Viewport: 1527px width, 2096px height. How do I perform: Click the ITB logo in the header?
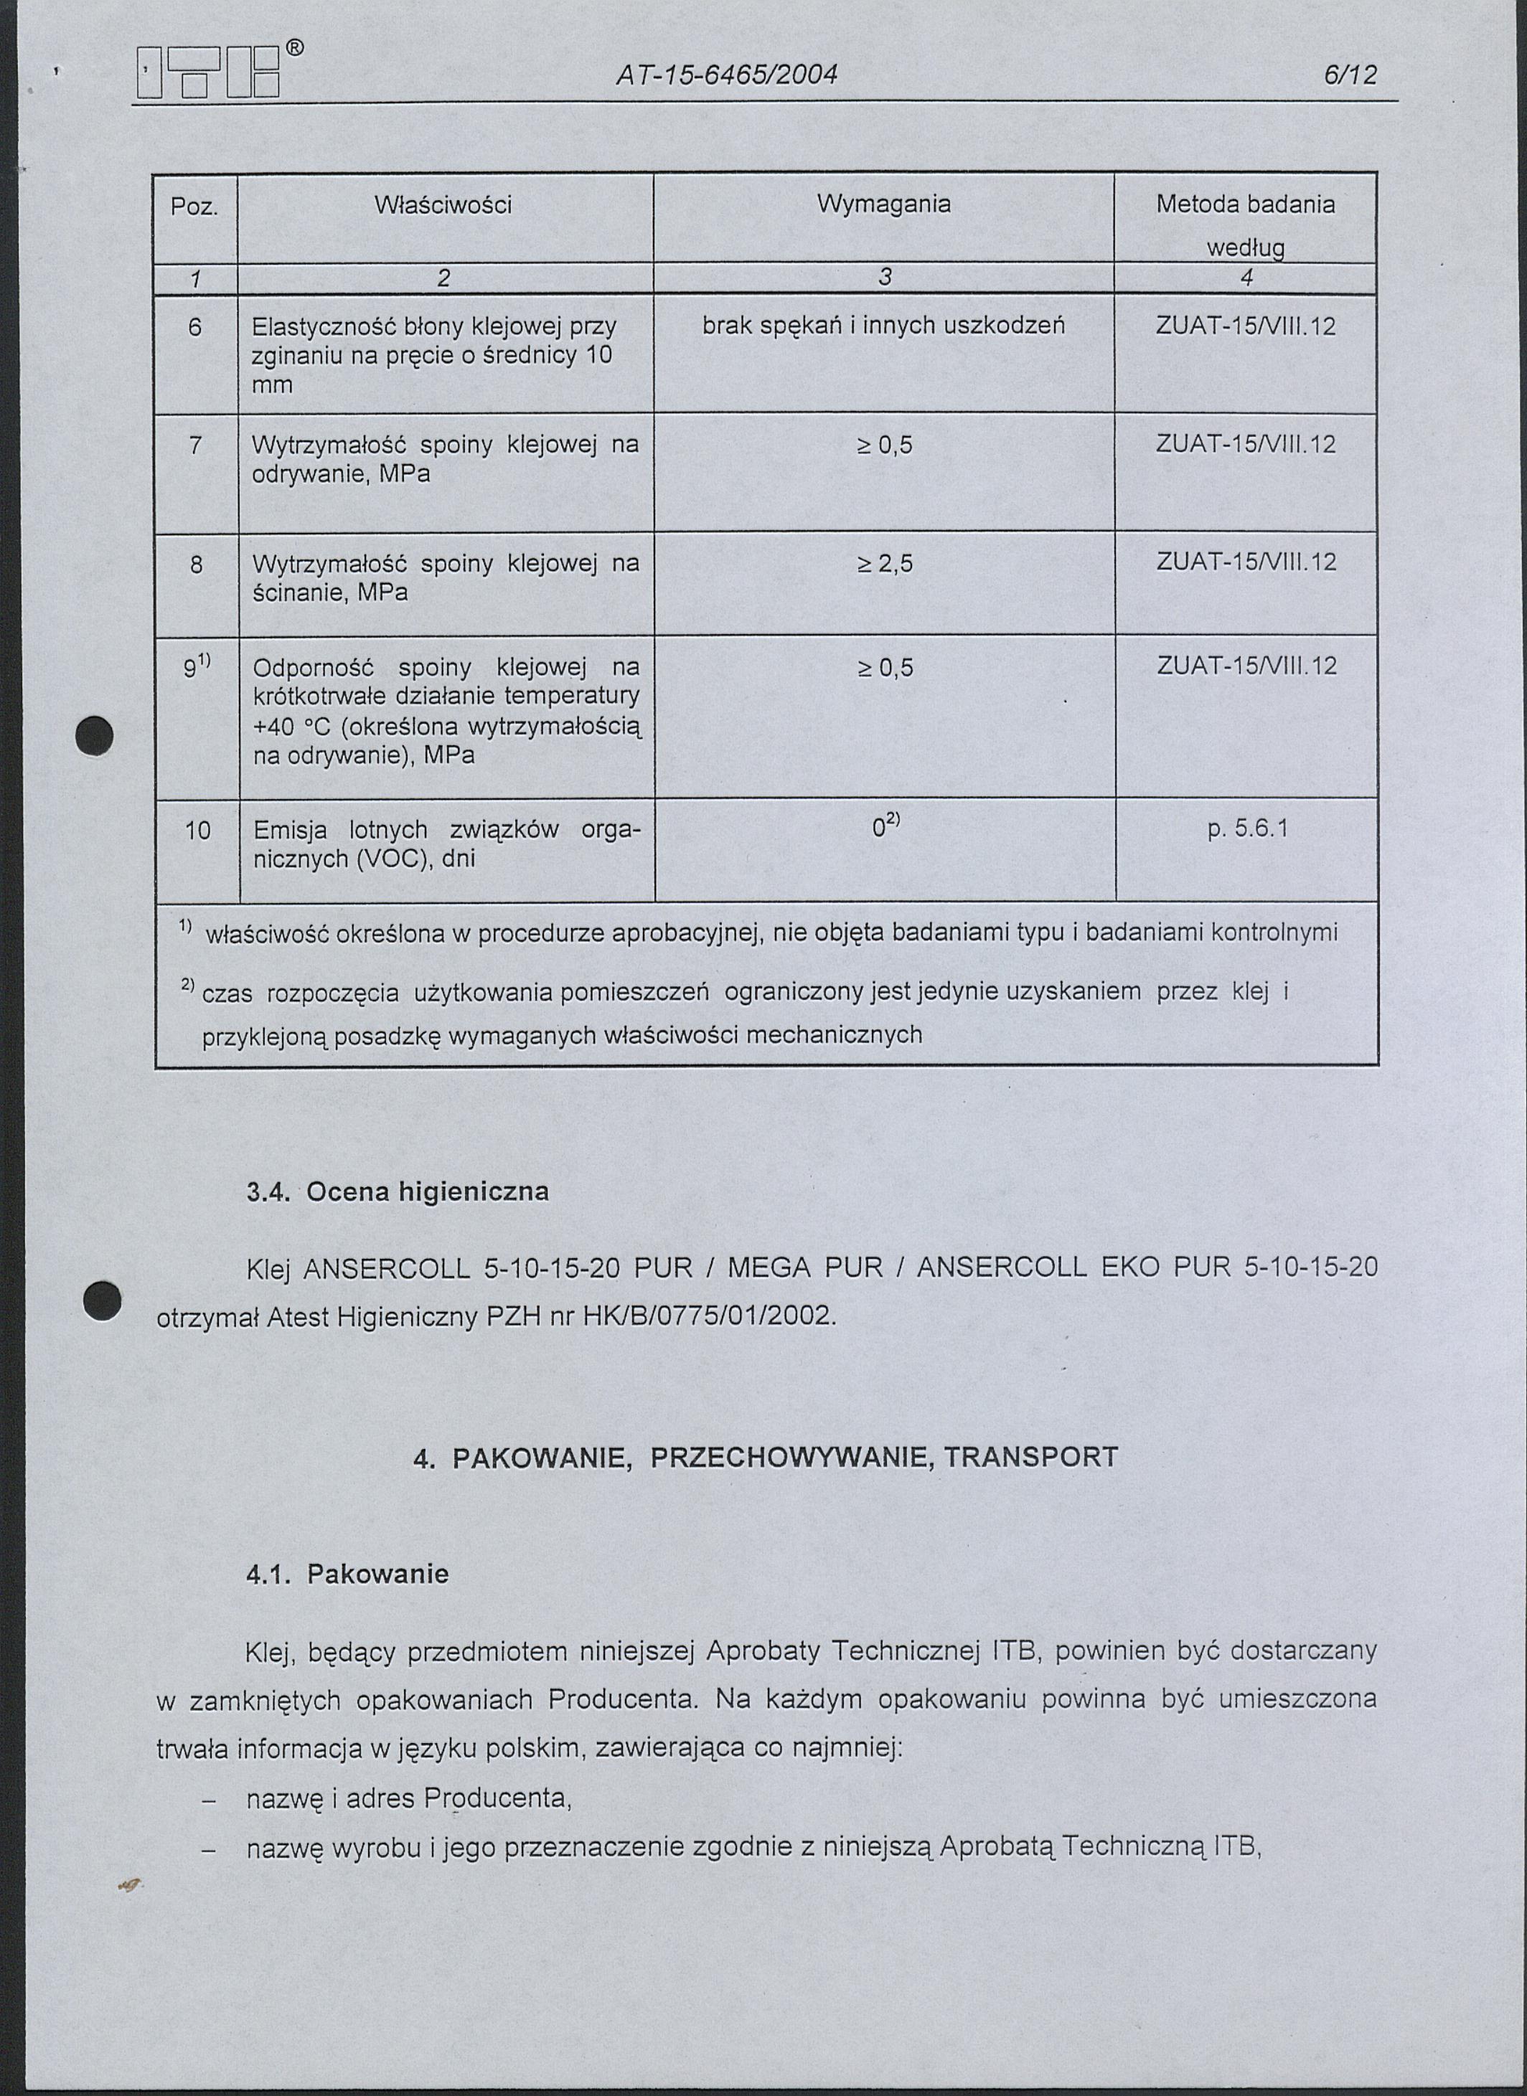208,74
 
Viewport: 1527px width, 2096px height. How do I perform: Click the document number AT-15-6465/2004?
725,75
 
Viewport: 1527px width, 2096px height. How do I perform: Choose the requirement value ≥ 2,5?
885,563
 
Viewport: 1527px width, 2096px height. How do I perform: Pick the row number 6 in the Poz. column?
194,326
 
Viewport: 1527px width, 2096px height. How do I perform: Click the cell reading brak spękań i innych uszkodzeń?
883,326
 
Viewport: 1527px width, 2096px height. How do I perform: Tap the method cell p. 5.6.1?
1247,829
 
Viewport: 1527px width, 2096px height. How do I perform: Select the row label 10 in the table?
198,830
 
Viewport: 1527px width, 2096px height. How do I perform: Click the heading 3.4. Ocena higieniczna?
398,1192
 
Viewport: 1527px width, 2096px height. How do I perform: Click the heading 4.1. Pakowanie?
347,1574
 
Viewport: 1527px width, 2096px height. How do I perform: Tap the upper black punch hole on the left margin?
95,737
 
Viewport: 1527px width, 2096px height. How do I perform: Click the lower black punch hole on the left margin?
100,1301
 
